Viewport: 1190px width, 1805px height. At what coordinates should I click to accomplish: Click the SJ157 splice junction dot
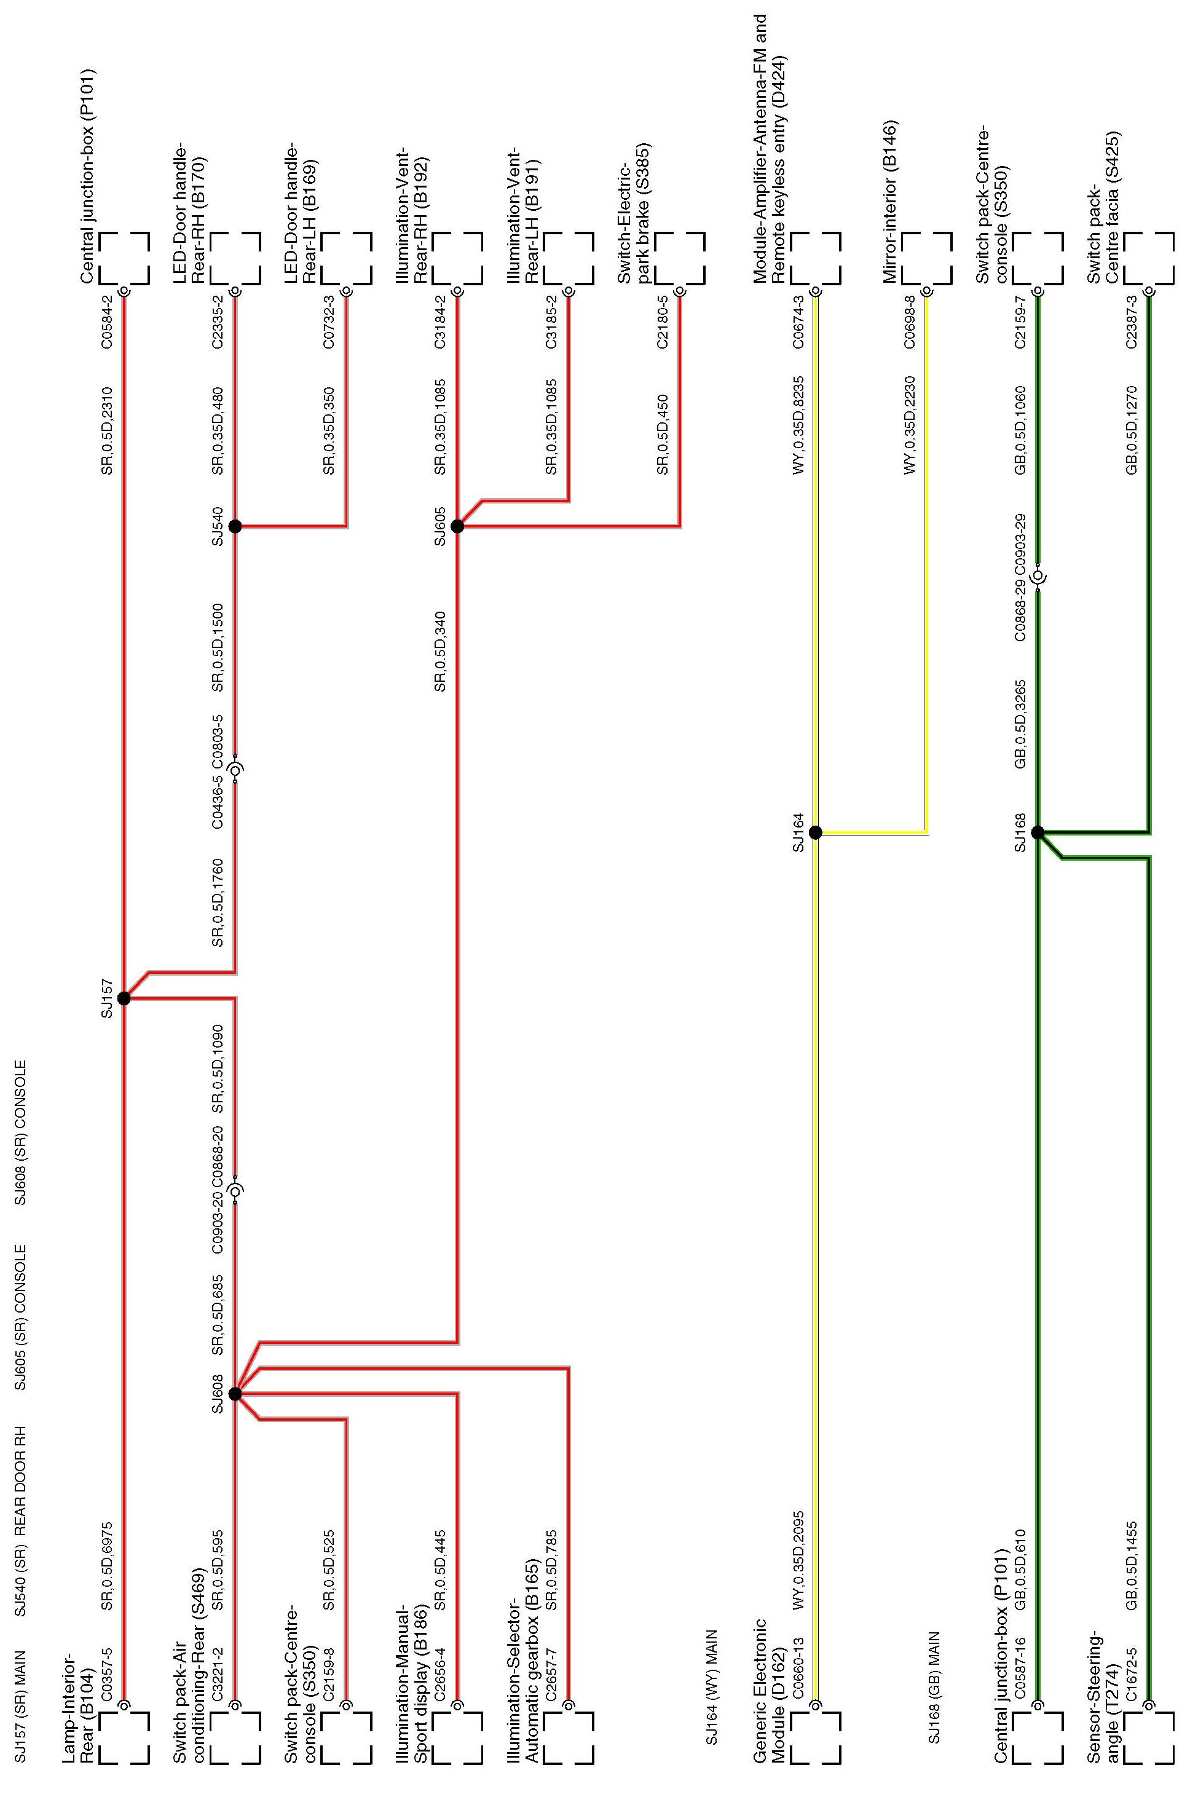pyautogui.click(x=124, y=998)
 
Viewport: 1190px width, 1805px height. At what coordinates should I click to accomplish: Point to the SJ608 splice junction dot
pyautogui.click(x=235, y=1394)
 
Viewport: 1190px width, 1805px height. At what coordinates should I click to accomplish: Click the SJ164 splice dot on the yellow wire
pyautogui.click(x=816, y=832)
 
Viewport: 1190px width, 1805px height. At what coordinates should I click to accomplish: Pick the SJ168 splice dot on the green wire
pyautogui.click(x=1038, y=832)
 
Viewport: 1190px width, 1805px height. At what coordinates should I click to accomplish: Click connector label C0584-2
pyautogui.click(x=107, y=323)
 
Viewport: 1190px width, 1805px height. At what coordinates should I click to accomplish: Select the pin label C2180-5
pyautogui.click(x=663, y=323)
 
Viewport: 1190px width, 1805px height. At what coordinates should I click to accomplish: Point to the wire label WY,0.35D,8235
pyautogui.click(x=798, y=424)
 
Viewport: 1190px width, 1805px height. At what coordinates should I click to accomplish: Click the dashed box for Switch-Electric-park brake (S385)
pyautogui.click(x=680, y=258)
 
